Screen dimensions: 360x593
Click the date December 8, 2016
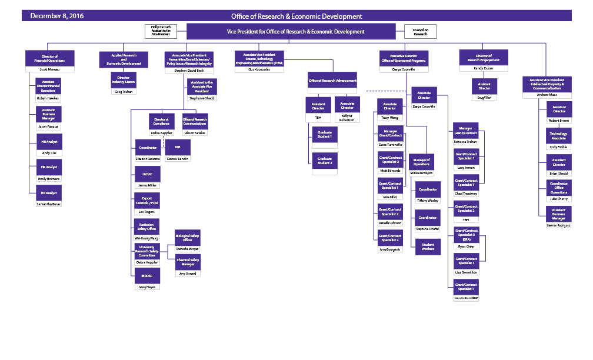(x=56, y=16)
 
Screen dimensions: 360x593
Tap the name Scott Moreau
(x=49, y=69)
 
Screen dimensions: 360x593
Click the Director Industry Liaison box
(x=124, y=80)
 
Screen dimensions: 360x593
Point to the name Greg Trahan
(x=124, y=92)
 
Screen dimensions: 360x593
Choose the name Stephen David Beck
(x=188, y=71)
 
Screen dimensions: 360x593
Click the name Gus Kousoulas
(x=259, y=69)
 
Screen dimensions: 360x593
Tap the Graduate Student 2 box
(x=325, y=161)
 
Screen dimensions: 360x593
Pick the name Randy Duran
(x=484, y=68)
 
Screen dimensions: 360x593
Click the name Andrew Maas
(x=547, y=95)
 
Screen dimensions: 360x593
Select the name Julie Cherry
(x=558, y=199)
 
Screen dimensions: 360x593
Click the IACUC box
(x=144, y=174)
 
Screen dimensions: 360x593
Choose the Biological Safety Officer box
(x=188, y=238)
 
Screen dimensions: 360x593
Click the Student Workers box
(x=428, y=247)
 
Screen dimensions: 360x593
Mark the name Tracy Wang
(x=389, y=118)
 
